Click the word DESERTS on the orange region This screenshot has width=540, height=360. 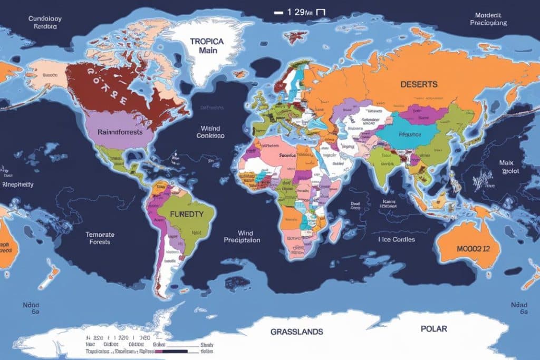419,84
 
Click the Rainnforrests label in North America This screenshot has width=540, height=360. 120,132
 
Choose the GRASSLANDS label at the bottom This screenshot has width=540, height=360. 297,332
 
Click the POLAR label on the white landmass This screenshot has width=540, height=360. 433,329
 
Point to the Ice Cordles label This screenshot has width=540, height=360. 396,239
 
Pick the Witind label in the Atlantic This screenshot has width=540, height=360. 210,128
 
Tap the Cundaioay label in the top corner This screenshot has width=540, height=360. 45,18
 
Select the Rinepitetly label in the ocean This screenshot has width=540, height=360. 18,184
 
